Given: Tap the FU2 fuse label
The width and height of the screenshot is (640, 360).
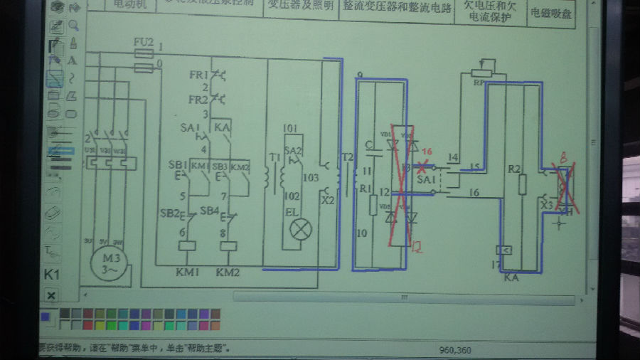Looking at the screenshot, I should tap(144, 43).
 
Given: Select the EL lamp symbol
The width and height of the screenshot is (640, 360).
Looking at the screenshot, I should tap(299, 228).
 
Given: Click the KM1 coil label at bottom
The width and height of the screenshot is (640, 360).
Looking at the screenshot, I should tap(190, 272).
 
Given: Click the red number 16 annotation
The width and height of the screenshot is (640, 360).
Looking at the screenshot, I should tap(427, 152).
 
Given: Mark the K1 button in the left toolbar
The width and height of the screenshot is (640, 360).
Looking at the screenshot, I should tap(51, 274).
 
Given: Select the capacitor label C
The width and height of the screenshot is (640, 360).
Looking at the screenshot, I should tap(368, 147).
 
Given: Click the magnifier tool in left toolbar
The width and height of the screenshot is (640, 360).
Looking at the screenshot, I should tap(73, 26).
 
